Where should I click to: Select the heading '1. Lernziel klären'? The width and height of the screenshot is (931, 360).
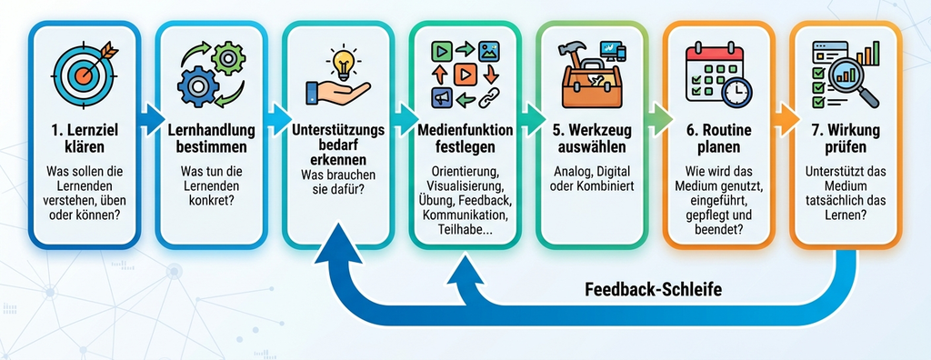[84, 136]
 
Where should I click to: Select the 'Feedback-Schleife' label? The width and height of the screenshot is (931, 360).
[653, 290]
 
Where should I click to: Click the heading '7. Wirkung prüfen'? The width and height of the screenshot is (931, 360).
[846, 136]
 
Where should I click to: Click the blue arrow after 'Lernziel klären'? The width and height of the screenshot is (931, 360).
[152, 118]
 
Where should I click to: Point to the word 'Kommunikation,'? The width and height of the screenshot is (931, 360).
[465, 214]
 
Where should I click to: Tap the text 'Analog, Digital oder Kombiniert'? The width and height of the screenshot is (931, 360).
[592, 178]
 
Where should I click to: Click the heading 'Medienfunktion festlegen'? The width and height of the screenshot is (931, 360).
[465, 136]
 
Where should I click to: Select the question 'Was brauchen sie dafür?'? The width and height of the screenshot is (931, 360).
[338, 183]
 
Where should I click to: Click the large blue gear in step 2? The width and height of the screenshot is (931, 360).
[198, 86]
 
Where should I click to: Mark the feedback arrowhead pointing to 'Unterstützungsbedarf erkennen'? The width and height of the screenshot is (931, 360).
[338, 243]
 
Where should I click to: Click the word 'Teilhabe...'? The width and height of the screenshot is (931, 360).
[465, 229]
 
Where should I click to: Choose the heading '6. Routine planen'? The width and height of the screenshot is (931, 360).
[718, 136]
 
